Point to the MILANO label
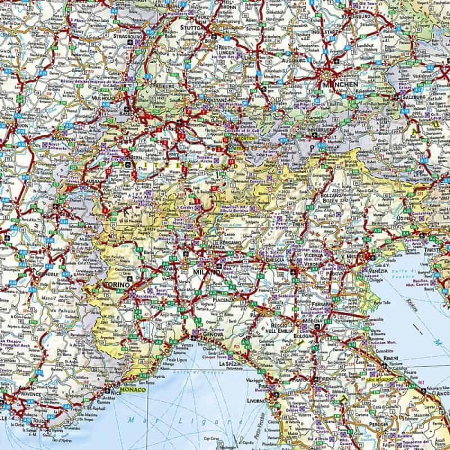(x=205, y=272)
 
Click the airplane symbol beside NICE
(x=107, y=390)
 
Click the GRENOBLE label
(x=46, y=274)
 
